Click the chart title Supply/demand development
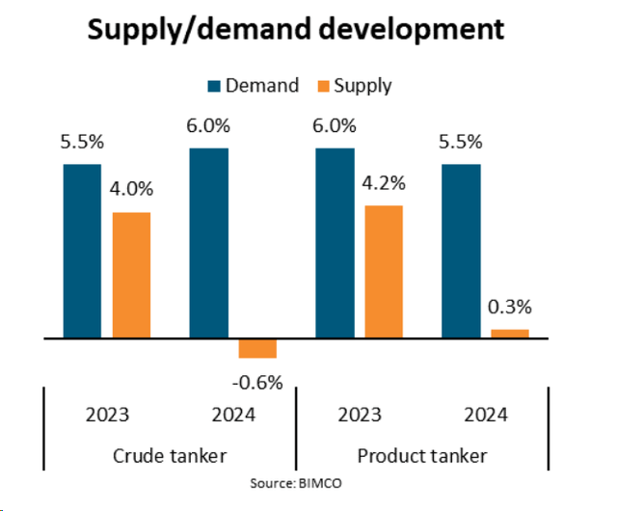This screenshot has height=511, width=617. point(295,30)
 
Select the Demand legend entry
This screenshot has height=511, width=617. point(255,86)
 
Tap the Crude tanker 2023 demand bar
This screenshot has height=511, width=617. point(83,251)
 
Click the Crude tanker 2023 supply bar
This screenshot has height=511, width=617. point(132,275)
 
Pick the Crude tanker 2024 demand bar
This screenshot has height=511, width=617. point(209,243)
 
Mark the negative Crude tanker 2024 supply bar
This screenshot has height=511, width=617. point(257,348)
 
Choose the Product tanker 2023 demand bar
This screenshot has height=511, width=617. point(335,243)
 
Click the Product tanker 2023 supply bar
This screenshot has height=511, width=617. point(384,271)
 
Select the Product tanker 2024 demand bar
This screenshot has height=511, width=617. point(461,251)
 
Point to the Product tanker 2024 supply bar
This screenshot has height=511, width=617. point(510,334)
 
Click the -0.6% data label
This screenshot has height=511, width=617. point(257,383)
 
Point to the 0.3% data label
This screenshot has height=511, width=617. point(510,309)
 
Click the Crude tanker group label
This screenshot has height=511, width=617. point(170,455)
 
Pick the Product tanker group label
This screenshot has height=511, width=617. point(422,455)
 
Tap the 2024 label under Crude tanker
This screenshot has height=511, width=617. point(232,417)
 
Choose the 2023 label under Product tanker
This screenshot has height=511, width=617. point(360,417)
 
